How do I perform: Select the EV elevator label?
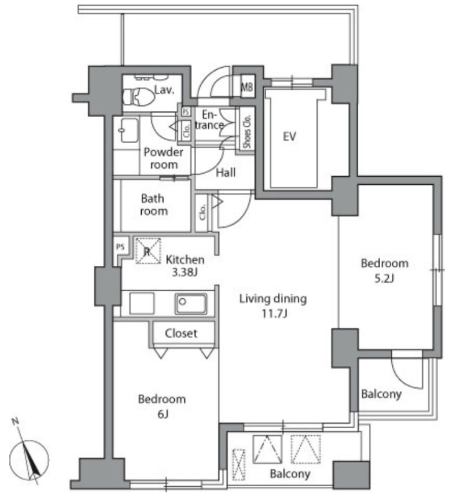point(289,136)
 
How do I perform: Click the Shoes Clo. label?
point(247,131)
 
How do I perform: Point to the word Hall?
point(226,172)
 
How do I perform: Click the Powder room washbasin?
point(129,130)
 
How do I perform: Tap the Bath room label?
point(154,205)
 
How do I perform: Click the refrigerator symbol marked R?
point(148,251)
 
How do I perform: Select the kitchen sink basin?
point(191,303)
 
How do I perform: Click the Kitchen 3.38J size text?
point(185,272)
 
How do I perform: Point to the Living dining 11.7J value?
point(273,314)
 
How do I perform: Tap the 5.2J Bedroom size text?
point(384,278)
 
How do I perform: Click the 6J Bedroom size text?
point(162,414)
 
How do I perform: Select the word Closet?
point(181,333)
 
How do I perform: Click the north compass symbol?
point(29,457)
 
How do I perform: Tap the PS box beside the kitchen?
point(121,247)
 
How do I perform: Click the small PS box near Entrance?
point(186,111)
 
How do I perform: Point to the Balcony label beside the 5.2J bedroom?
point(381,394)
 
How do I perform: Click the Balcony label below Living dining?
point(290,474)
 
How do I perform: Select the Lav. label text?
point(165,90)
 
